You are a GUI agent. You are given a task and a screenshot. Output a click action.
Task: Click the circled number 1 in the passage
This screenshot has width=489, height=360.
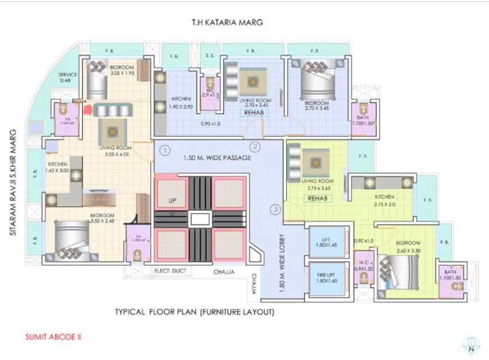[164, 151]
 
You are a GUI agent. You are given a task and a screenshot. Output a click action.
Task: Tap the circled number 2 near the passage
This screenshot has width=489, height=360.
[256, 147]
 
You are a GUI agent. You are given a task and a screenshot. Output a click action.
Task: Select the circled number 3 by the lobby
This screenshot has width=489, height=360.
[276, 210]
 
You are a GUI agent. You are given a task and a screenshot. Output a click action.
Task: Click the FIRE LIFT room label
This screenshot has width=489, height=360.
[326, 278]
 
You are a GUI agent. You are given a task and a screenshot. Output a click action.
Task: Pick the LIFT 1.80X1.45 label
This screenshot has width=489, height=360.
[326, 242]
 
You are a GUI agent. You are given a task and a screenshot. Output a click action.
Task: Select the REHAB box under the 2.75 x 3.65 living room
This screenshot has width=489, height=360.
[318, 198]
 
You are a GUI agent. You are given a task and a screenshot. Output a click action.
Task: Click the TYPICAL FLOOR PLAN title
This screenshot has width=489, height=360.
[195, 313]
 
